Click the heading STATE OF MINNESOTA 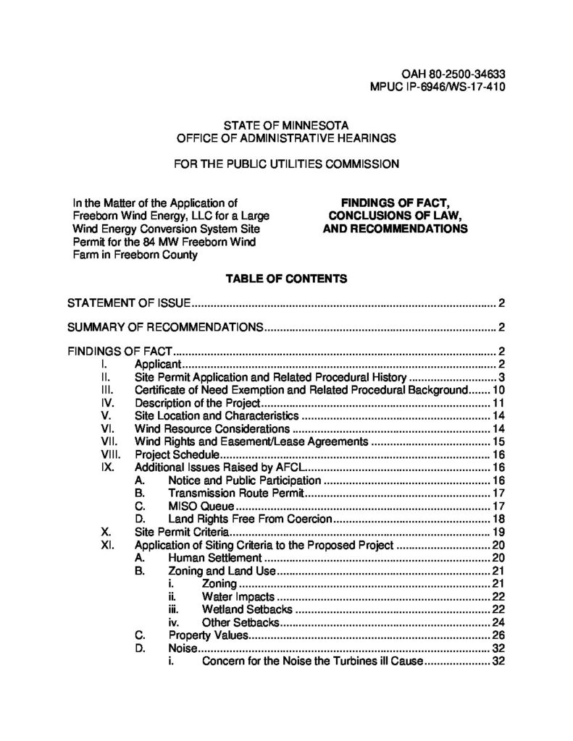[286, 124]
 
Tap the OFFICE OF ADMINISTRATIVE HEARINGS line [286, 137]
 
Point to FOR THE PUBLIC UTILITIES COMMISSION [286, 164]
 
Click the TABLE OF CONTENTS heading [286, 277]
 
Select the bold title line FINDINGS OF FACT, [395, 203]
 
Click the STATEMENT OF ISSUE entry [129, 302]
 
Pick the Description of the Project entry [197, 403]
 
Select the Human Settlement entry [214, 558]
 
